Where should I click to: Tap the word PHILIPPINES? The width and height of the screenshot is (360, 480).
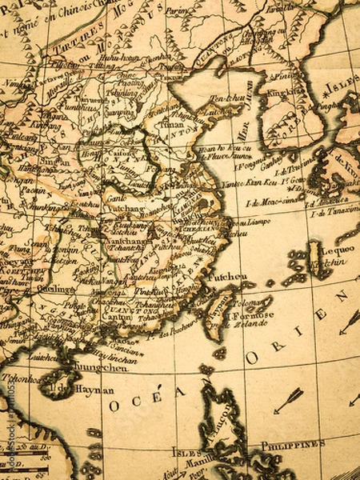[293, 444]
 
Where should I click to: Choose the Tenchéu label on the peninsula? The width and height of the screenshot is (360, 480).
[226, 98]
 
